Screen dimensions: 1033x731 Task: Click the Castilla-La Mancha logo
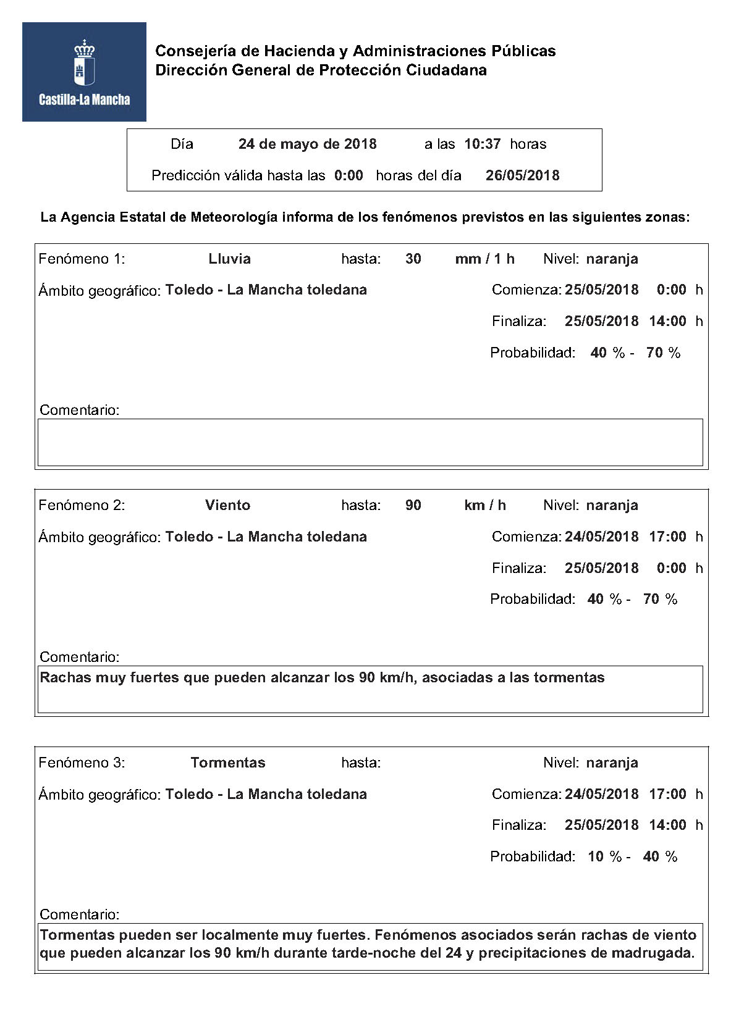[84, 72]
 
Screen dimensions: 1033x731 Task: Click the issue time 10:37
[482, 144]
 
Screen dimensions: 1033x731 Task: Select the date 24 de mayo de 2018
[307, 144]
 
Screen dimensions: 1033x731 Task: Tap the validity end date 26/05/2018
[522, 175]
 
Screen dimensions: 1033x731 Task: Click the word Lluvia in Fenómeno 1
[229, 259]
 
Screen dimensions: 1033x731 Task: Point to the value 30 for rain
[413, 259]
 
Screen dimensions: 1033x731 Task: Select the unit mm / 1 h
[484, 259]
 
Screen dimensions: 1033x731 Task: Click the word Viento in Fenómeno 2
[227, 505]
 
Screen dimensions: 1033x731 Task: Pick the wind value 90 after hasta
[413, 505]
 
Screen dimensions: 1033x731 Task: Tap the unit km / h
[484, 505]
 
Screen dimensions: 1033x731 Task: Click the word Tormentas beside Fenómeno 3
[227, 763]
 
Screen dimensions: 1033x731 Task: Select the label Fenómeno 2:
[82, 505]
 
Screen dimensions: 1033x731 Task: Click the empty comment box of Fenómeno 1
[370, 442]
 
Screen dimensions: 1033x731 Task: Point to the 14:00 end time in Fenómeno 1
[667, 321]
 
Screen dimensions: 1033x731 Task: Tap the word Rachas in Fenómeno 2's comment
[65, 677]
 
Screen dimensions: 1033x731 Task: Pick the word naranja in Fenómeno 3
[612, 763]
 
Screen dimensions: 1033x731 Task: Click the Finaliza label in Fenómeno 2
[518, 568]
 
